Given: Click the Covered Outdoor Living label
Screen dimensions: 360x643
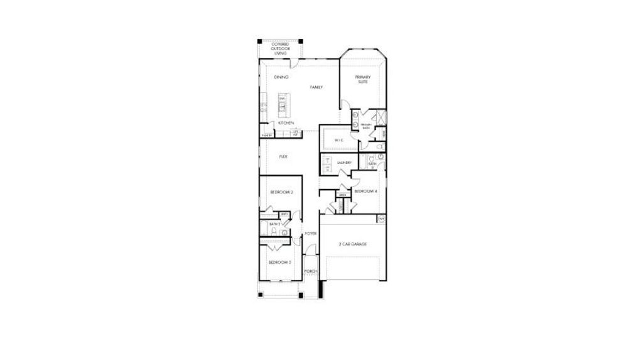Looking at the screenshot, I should pos(280,48).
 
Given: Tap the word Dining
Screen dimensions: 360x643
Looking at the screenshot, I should pos(281,77).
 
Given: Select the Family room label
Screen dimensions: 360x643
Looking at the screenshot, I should pos(316,87).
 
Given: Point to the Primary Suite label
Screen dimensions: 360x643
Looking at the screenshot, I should pos(363,79).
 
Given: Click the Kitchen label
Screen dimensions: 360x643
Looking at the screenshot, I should pos(286,123).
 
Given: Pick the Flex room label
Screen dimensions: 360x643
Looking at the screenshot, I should pos(283,156).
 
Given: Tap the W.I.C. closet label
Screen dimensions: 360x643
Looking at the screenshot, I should pos(338,140).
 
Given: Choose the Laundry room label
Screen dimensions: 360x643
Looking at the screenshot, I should pos(343,162).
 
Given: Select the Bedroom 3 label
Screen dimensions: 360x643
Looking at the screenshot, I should pos(279,262).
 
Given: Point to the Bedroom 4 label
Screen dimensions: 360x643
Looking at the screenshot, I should pos(365,191).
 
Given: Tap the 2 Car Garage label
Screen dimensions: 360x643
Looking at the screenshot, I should pos(352,244).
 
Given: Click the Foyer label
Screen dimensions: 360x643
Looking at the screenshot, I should pos(310,233).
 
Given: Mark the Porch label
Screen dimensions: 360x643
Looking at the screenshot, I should pos(311,271).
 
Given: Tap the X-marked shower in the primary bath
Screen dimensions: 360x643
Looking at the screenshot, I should pos(379,117).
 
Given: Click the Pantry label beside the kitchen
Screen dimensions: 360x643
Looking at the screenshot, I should pos(267,135).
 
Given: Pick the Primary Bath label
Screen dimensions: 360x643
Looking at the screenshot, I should pos(366,126).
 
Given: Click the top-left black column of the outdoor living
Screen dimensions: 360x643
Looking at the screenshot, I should pos(260,42).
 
